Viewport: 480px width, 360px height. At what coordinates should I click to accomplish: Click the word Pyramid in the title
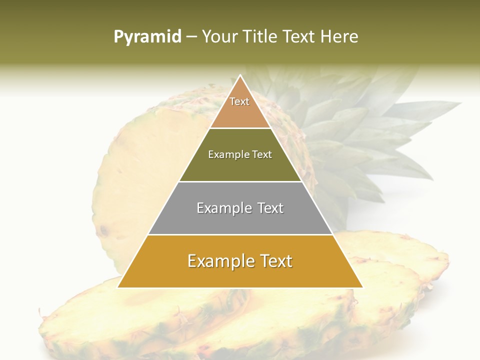[147, 37]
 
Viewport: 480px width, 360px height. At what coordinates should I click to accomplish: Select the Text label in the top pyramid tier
[239, 101]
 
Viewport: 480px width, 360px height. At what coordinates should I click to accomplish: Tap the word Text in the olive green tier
[262, 155]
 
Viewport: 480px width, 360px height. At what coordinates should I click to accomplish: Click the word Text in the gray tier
[270, 208]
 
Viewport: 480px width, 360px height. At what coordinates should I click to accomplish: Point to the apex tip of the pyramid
[240, 76]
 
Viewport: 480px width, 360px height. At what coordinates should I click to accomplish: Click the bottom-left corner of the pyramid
[118, 287]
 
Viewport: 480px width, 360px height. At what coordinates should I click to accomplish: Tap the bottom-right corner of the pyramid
[362, 287]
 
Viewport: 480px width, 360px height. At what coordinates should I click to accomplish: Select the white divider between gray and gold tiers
[240, 234]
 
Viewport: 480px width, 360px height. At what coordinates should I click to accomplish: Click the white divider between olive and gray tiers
[240, 181]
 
